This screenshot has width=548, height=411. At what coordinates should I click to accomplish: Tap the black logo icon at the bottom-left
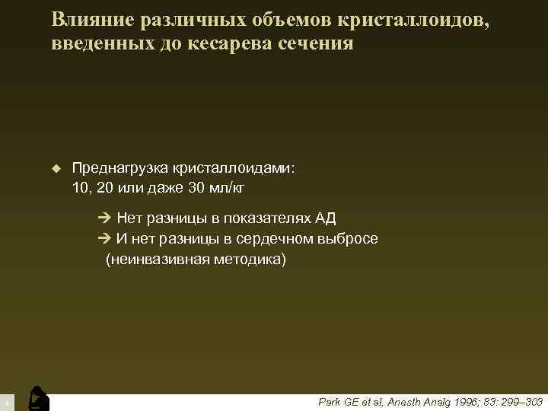[x=37, y=398]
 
